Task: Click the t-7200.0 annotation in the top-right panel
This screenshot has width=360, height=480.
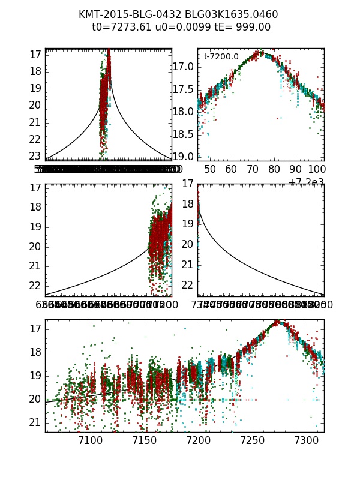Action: click(x=221, y=57)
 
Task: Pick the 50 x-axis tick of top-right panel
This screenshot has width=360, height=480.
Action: click(x=210, y=170)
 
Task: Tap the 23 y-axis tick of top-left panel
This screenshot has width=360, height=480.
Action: click(x=34, y=156)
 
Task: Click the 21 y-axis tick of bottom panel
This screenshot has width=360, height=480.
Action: click(x=34, y=422)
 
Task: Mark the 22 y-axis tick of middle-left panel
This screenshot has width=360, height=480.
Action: click(x=34, y=285)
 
